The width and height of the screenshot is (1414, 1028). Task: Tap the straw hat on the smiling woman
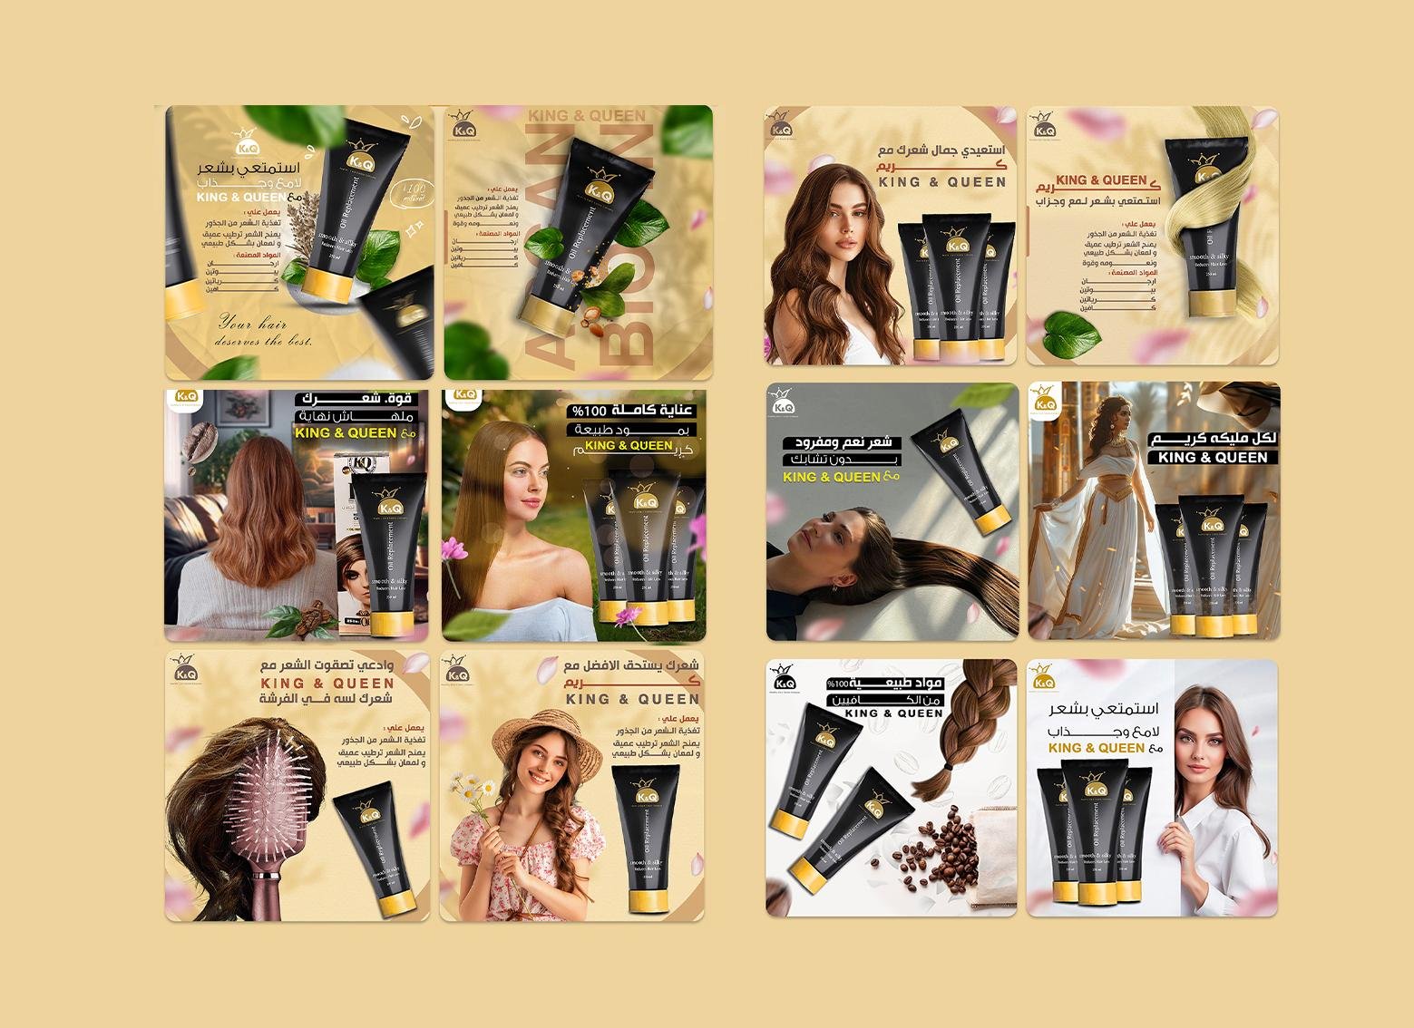[x=556, y=738]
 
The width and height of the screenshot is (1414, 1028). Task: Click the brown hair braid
[x=952, y=725]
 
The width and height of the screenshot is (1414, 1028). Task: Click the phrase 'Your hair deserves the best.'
[x=263, y=332]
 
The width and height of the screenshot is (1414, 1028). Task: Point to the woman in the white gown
[x=1097, y=526]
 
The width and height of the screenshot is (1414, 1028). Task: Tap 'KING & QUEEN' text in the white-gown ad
[x=1212, y=458]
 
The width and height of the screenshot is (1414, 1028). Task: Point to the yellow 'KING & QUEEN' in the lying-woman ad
[x=831, y=477]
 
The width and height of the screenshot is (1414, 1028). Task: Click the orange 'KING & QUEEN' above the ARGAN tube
[x=587, y=116]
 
